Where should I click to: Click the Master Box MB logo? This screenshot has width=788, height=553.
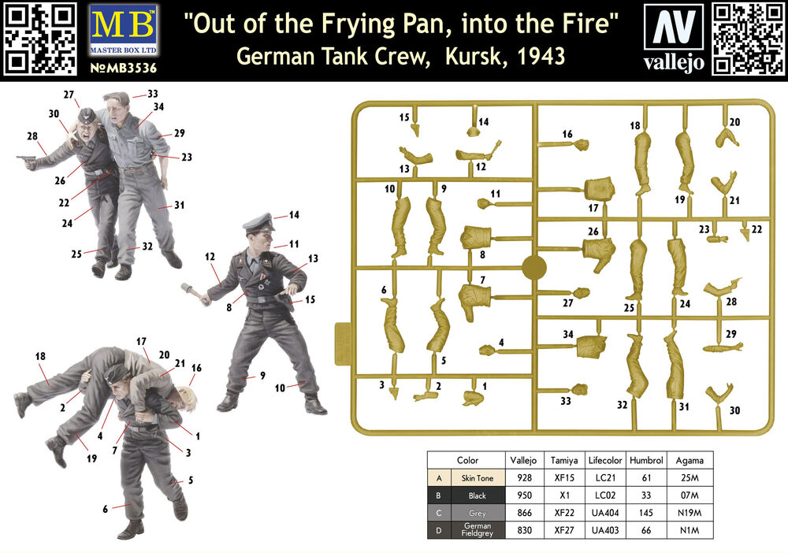(123, 30)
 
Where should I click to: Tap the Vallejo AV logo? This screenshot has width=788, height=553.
(674, 27)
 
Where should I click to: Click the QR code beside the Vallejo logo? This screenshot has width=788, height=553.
(748, 39)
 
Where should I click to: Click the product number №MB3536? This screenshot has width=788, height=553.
(123, 68)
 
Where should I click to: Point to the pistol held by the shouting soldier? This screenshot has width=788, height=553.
(25, 161)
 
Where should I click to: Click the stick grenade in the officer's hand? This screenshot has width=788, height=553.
(195, 294)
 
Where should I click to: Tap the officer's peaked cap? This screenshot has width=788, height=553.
(258, 222)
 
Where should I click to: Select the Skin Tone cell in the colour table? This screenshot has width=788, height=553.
(477, 478)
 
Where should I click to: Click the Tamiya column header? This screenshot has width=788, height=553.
(564, 460)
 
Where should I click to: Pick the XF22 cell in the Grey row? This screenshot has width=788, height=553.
(564, 513)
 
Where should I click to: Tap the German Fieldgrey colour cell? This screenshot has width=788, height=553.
(477, 530)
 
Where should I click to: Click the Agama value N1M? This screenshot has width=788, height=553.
(689, 530)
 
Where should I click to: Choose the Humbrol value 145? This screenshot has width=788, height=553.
(646, 513)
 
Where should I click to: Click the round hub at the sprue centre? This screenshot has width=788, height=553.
(534, 268)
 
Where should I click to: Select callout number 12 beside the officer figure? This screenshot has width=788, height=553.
(210, 257)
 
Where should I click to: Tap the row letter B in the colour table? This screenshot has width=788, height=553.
(439, 495)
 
